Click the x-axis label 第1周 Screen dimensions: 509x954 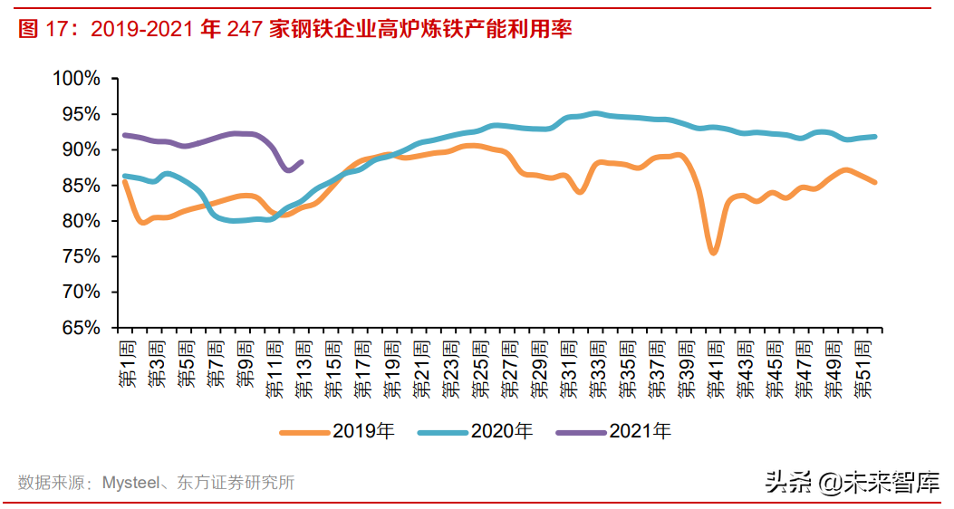tap(126, 364)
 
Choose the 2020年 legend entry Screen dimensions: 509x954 tap(476, 432)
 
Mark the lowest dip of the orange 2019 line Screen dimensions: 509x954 tap(714, 253)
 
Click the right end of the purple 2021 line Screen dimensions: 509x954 tap(302, 161)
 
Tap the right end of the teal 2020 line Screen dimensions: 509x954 tap(875, 137)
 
